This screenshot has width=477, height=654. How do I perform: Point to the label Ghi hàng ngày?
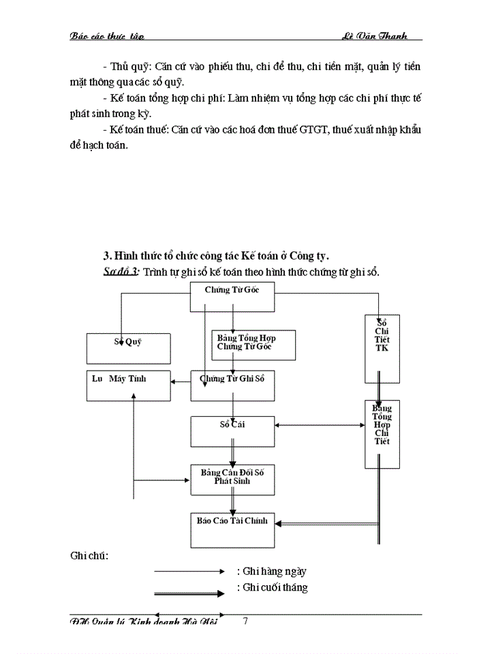coord(272,572)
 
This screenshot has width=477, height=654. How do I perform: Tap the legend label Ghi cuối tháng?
coord(272,587)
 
